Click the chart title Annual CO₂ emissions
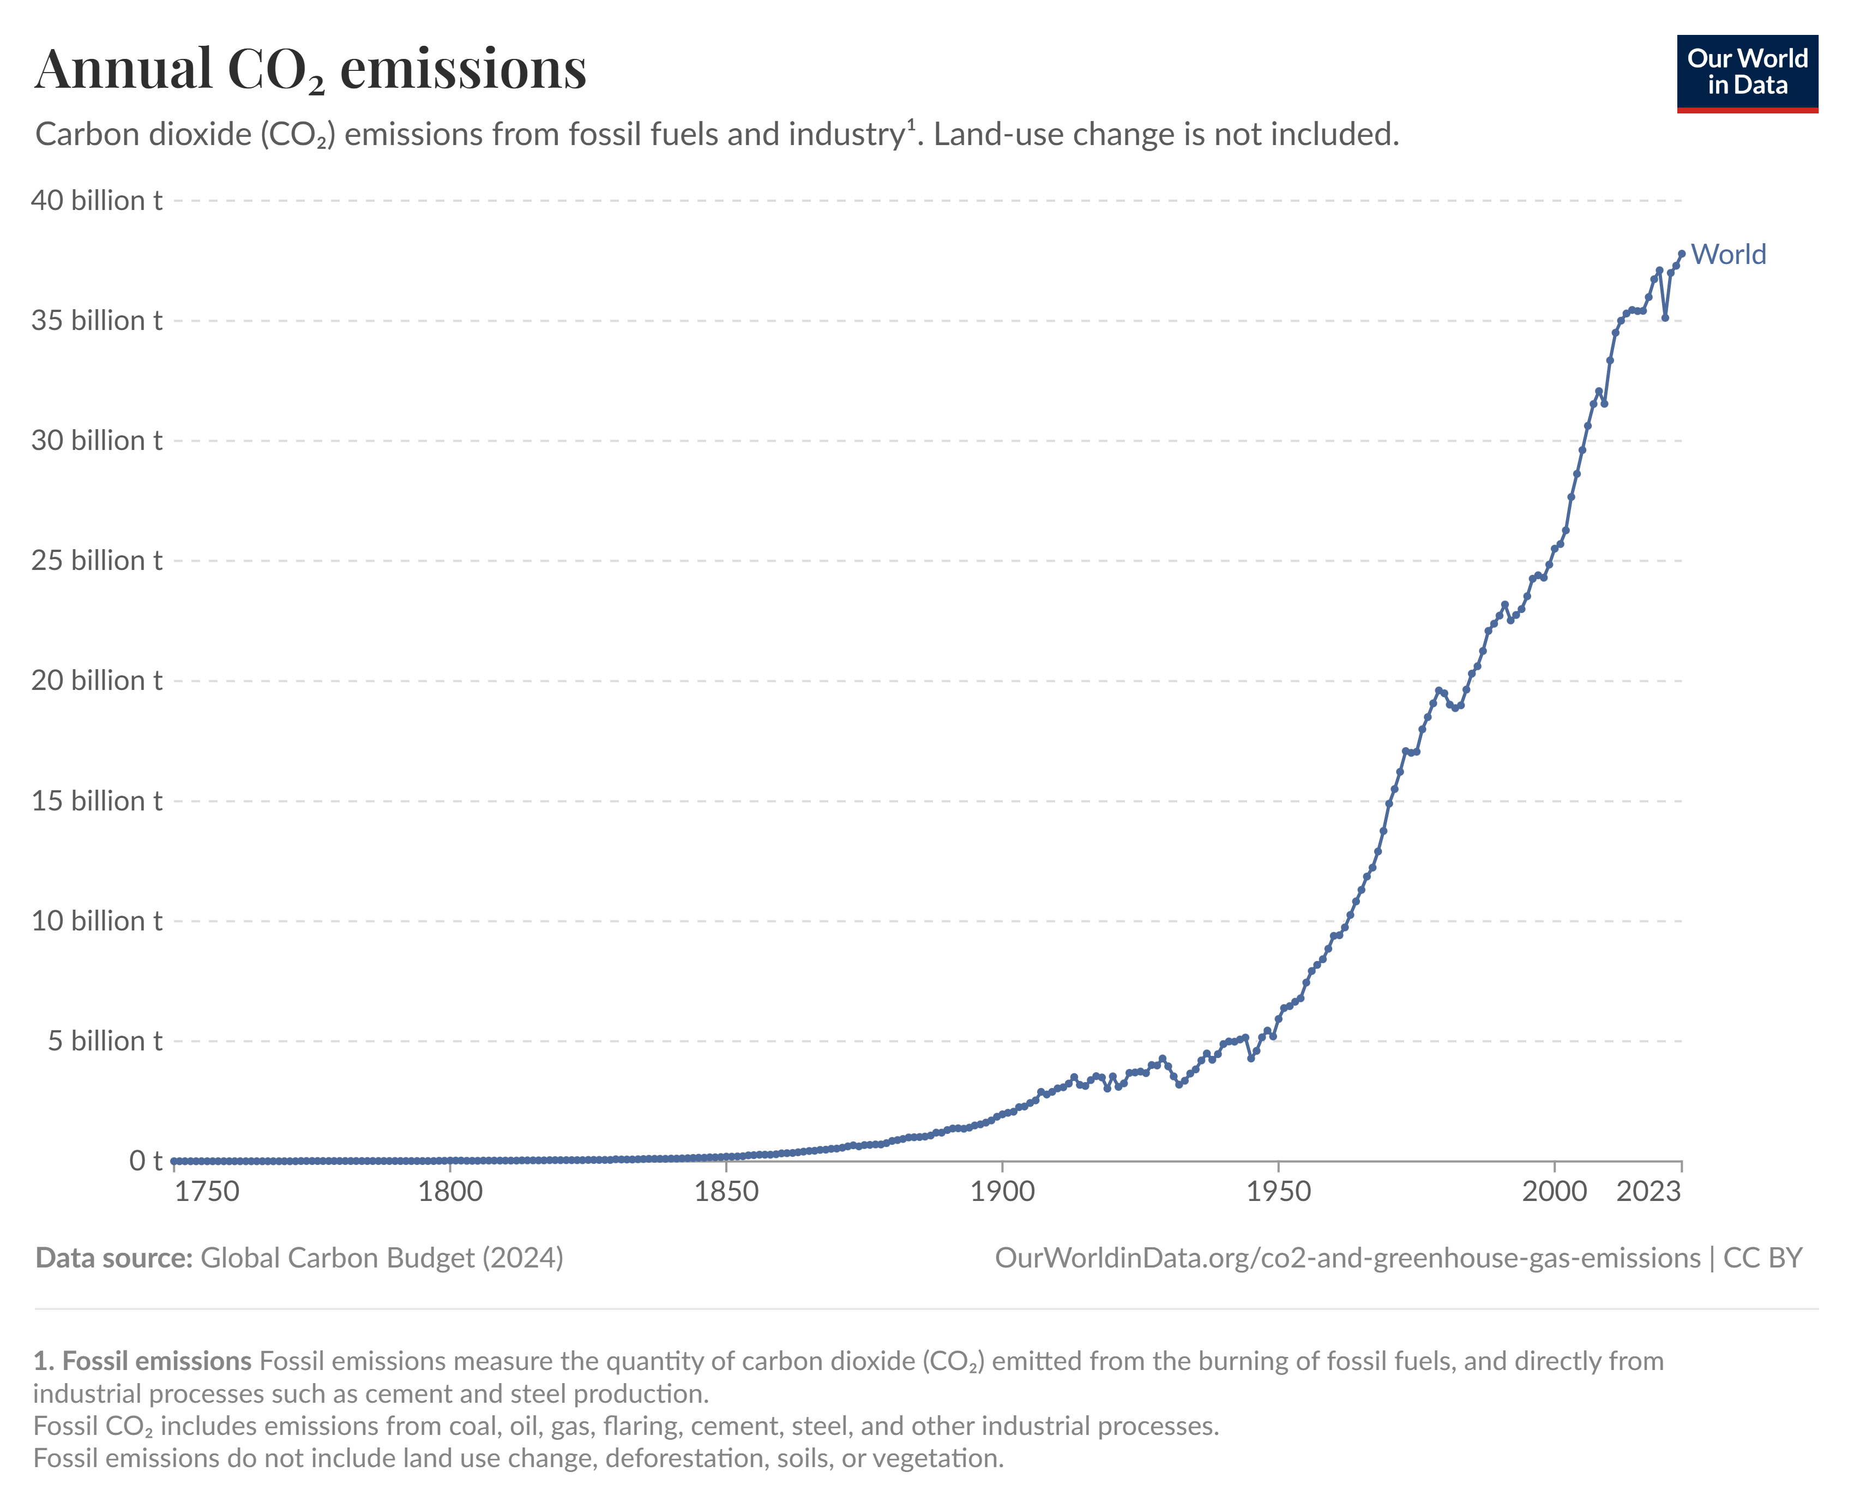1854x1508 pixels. pos(310,69)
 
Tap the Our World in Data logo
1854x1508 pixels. pos(1747,73)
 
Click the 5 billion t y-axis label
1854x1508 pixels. pos(104,1041)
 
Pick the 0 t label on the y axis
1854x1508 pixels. pos(145,1161)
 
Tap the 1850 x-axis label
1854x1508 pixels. pos(726,1191)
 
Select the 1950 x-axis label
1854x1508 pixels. pos(1278,1191)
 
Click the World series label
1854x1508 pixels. pos(1728,255)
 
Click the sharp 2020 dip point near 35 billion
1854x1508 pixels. pos(1665,318)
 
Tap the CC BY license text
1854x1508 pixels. pos(1762,1258)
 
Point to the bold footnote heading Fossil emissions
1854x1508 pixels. pos(156,1361)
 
